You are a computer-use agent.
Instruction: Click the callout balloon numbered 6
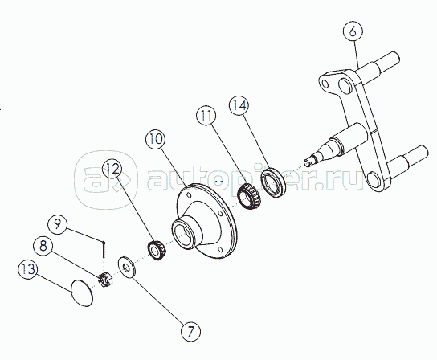(353, 31)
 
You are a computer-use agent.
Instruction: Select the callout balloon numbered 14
(239, 106)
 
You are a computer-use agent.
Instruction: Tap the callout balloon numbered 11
(206, 116)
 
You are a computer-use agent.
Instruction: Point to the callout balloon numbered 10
(156, 138)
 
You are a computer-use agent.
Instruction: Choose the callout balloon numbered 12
(112, 170)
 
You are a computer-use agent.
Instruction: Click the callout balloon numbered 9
(57, 223)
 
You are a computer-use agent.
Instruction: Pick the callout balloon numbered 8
(43, 246)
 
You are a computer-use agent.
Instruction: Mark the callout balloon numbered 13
(28, 269)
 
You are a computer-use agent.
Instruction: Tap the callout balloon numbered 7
(191, 332)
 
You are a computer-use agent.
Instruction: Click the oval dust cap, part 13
(82, 292)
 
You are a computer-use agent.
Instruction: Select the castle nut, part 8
(105, 280)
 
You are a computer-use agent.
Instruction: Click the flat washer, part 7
(127, 267)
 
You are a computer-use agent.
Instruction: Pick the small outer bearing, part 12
(157, 250)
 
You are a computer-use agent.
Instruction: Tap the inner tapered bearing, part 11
(249, 195)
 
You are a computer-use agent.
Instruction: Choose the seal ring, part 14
(273, 182)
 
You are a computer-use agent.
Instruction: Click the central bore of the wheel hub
(184, 233)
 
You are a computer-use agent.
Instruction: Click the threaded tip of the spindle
(308, 162)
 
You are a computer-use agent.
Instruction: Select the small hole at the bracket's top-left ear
(325, 84)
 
